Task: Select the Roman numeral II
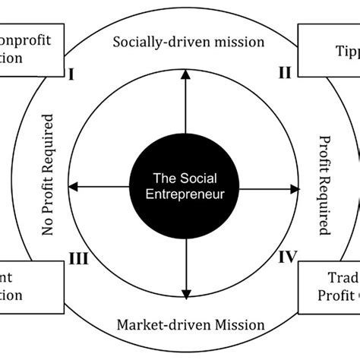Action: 285,74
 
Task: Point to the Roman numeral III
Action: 79,259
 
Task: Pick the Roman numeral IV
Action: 286,256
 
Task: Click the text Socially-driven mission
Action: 188,42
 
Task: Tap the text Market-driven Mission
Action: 191,324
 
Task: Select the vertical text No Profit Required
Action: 49,175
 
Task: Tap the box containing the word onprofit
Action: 27,49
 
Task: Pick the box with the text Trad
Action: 330,285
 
